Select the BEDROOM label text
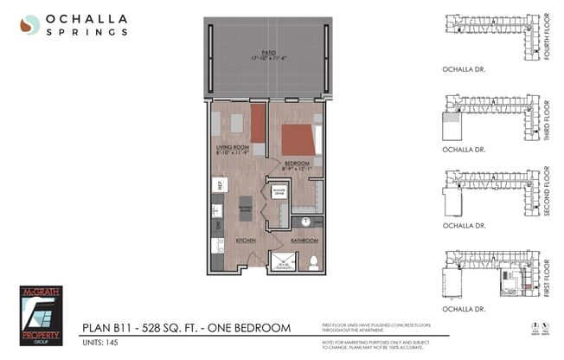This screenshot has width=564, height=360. point(296,163)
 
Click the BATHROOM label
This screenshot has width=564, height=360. point(304,240)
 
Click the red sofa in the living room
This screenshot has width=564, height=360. point(258,123)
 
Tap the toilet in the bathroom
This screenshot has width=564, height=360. point(314,261)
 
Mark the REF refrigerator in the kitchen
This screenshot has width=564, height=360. point(221,183)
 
